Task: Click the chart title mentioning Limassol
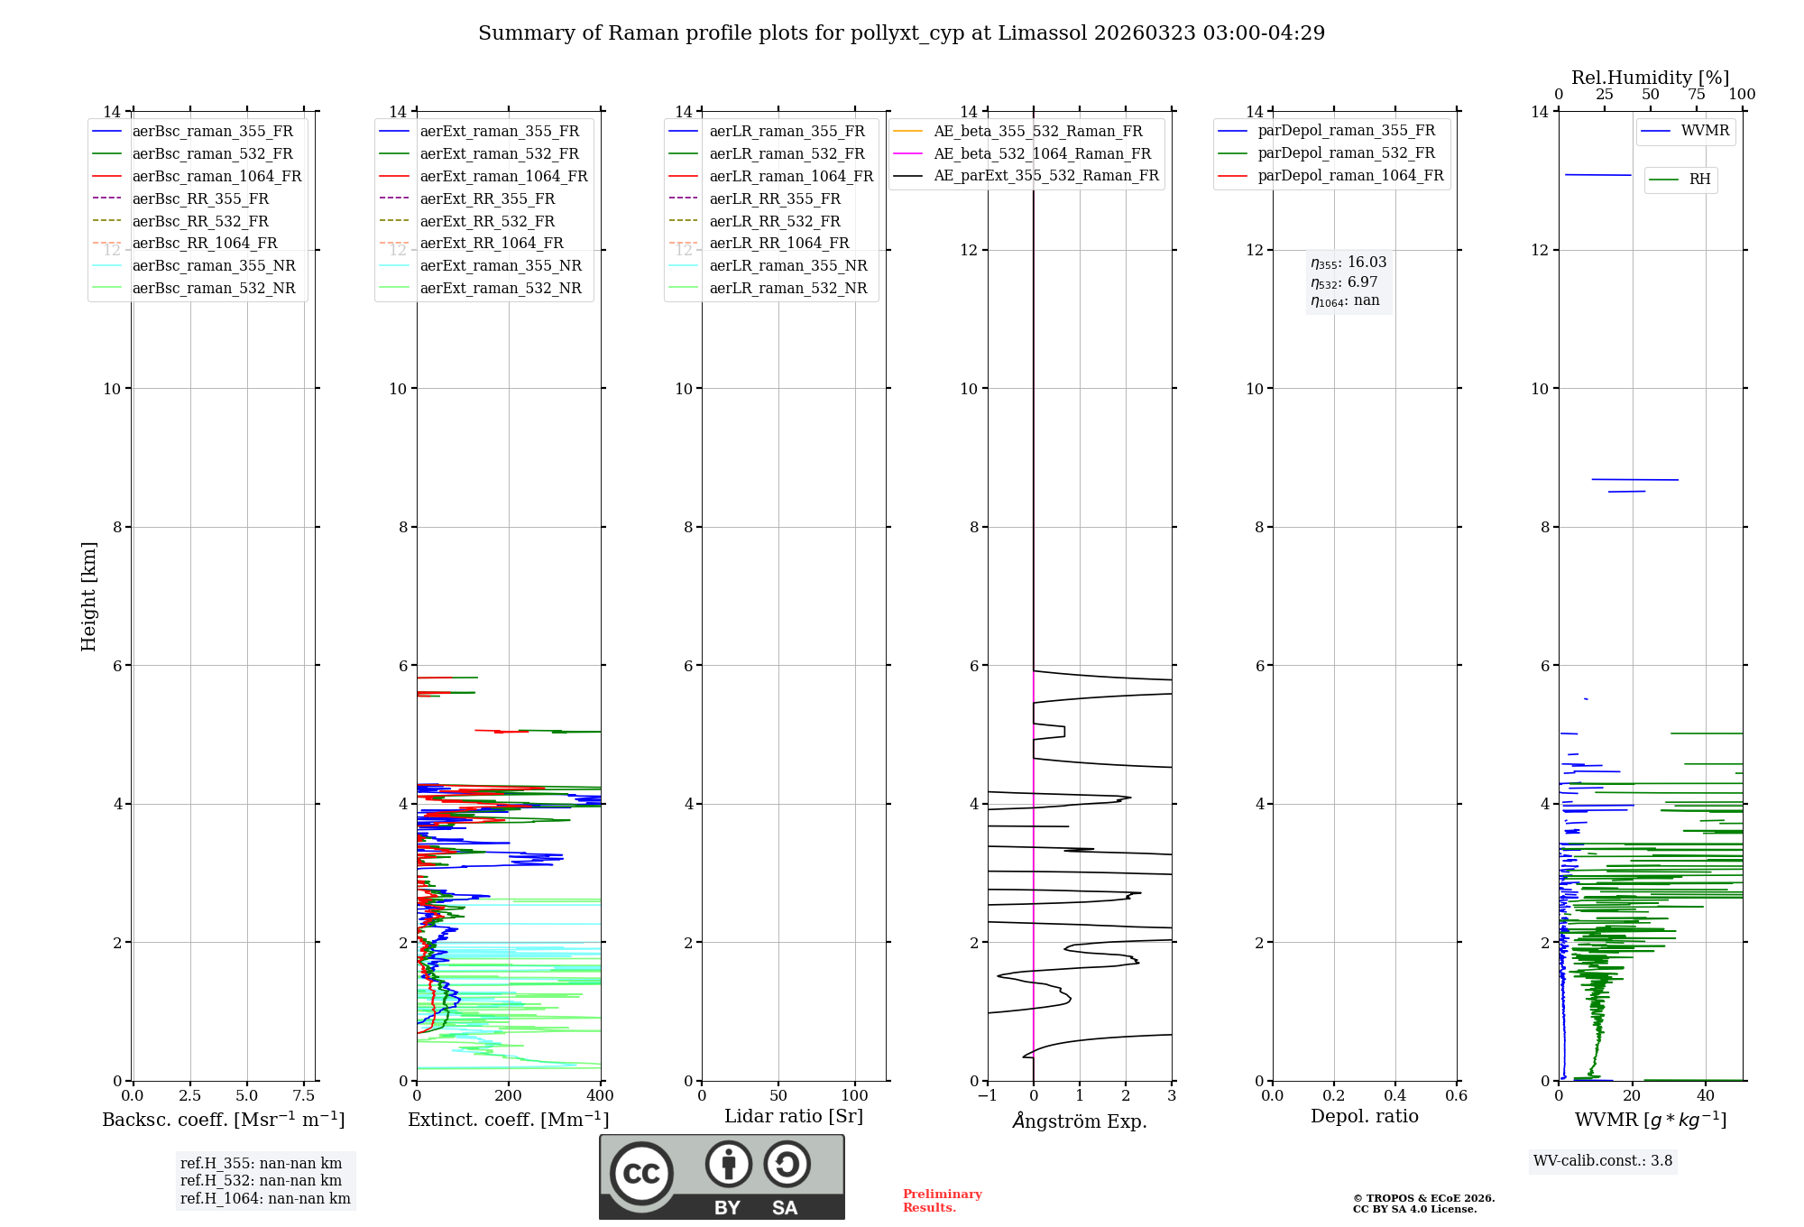coord(901,33)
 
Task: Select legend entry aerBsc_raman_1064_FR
coord(216,177)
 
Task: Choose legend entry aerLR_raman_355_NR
coord(787,266)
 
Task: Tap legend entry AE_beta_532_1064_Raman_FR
coord(1042,154)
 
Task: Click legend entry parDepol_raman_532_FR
coord(1346,153)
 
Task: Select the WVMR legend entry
coord(1704,132)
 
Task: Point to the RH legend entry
coord(1699,180)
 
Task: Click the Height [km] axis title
coord(88,596)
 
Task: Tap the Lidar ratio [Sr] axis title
coord(794,1117)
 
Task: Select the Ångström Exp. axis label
coord(1080,1121)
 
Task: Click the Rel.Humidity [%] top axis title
coord(1650,78)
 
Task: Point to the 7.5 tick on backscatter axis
coord(304,1096)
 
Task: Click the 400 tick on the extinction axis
coord(600,1096)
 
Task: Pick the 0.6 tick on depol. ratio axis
coord(1456,1096)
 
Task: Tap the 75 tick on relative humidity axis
coord(1697,95)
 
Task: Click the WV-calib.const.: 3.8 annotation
coord(1603,1161)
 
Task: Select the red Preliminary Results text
coord(942,1201)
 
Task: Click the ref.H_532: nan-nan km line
coord(261,1181)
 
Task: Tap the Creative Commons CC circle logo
coord(641,1174)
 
